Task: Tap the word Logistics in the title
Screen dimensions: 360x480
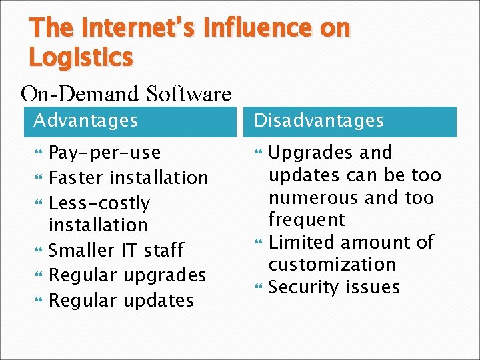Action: (x=81, y=57)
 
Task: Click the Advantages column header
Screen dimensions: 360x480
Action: (x=85, y=121)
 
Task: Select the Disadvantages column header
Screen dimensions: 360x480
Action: (x=319, y=121)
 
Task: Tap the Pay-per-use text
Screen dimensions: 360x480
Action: (x=105, y=153)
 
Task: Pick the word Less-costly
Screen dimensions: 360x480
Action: (x=99, y=203)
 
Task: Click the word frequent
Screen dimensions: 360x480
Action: (x=306, y=219)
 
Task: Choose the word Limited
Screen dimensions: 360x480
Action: (x=297, y=242)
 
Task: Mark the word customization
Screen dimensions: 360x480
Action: (x=332, y=264)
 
